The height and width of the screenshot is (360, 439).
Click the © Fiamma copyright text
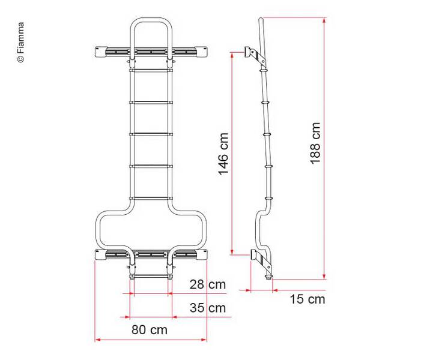(x=21, y=43)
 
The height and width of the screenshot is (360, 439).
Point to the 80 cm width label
(x=150, y=329)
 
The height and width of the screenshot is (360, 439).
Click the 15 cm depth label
(x=306, y=299)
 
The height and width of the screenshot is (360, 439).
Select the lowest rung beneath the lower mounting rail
(x=150, y=276)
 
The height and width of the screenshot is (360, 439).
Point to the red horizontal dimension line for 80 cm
(x=150, y=340)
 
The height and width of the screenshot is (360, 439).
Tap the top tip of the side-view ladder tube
(x=259, y=20)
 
